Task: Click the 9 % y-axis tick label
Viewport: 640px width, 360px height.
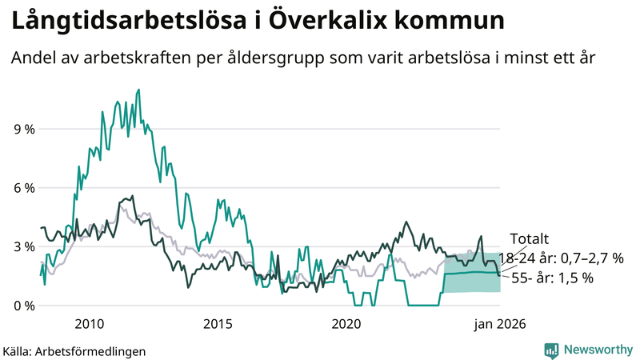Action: [22, 129]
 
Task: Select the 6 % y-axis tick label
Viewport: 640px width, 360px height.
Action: [22, 188]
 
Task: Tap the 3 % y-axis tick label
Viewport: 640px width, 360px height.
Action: [22, 246]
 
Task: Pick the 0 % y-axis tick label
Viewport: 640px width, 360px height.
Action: [22, 306]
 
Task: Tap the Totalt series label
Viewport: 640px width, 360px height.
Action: [529, 238]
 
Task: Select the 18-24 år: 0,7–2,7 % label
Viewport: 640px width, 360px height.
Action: [560, 258]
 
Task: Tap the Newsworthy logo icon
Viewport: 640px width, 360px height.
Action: [551, 350]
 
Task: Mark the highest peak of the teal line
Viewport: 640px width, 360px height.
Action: [138, 90]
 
